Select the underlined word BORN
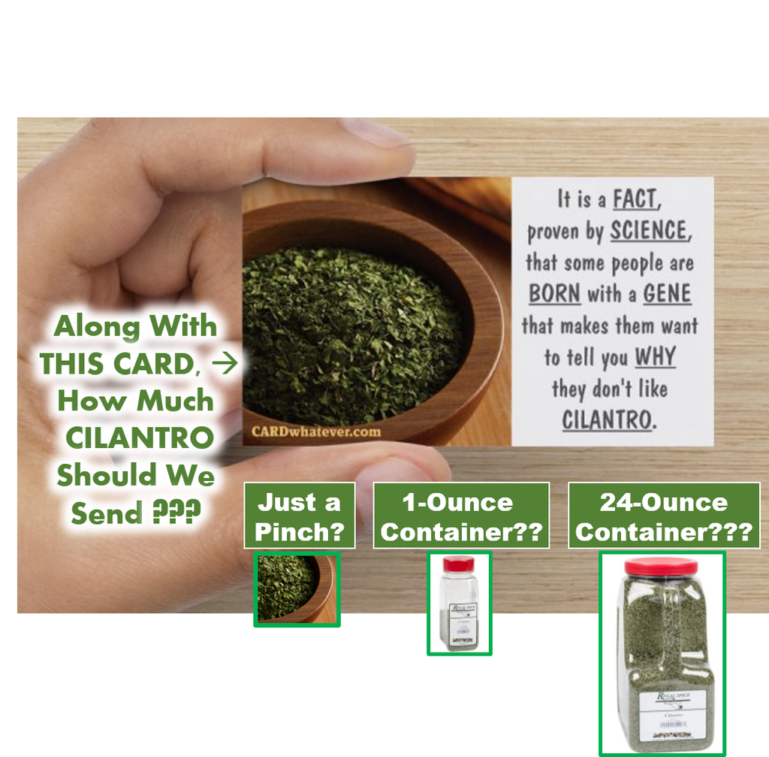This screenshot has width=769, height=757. [555, 294]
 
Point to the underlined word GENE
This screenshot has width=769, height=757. [667, 294]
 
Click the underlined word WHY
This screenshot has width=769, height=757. [655, 356]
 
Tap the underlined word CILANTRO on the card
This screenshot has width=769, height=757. [607, 419]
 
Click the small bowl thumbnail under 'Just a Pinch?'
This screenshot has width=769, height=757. [297, 589]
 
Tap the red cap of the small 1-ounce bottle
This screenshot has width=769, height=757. [459, 564]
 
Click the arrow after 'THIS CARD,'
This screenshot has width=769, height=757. [225, 364]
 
